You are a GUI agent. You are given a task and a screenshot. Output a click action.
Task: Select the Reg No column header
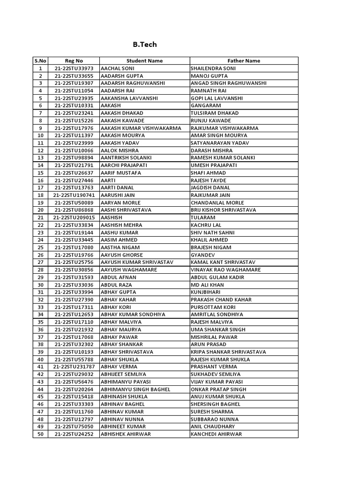(74, 60)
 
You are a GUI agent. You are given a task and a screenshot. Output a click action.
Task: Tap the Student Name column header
(144, 60)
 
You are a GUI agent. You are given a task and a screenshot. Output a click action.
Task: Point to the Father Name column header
(244, 60)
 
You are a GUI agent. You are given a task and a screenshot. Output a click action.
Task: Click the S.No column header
(40, 60)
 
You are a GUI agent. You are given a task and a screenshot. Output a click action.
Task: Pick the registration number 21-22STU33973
(74, 68)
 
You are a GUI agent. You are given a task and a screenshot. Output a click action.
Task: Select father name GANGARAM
(205, 105)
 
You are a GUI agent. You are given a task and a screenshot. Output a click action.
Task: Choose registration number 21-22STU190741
(74, 195)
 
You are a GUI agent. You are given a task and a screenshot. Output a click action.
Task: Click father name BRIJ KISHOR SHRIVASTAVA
(223, 210)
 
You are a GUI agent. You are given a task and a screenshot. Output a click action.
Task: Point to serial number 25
(40, 247)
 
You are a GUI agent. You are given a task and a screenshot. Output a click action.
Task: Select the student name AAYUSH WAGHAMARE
(128, 270)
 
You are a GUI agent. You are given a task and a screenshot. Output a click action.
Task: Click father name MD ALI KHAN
(207, 285)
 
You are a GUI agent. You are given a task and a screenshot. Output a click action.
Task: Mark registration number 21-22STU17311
(74, 307)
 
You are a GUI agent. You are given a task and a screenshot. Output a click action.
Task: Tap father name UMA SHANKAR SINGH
(218, 330)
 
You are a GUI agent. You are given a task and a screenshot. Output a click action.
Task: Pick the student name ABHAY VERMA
(119, 367)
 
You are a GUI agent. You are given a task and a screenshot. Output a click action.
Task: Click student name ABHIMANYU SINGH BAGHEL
(135, 389)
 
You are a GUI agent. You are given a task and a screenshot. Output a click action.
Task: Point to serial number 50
(40, 434)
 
